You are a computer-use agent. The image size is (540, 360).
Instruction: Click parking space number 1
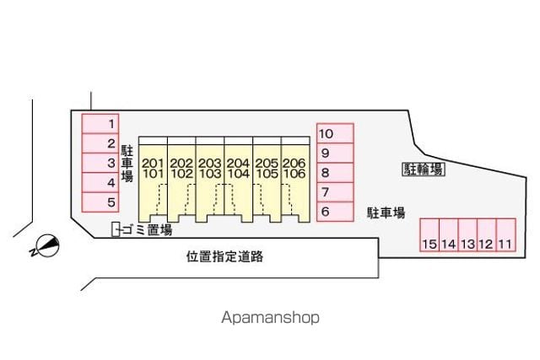pos(100,124)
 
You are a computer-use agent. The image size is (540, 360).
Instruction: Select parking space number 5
pos(100,202)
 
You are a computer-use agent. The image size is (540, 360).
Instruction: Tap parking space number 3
pos(100,163)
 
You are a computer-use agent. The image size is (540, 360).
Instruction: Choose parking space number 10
pos(335,133)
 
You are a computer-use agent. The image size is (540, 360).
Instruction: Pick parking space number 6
pos(335,212)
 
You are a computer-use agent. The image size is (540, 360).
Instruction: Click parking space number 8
pos(335,173)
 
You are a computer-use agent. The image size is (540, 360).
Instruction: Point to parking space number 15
pos(429,234)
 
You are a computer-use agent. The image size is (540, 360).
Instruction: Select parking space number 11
pos(506,234)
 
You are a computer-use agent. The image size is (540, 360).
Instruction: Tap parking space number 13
pos(467,234)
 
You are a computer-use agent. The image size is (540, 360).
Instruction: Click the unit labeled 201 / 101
pos(154,180)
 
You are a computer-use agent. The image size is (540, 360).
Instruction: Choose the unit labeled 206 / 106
pos(295,180)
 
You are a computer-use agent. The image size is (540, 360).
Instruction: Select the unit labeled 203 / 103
pos(210,180)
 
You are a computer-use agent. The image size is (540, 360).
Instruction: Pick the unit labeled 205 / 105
pos(267,180)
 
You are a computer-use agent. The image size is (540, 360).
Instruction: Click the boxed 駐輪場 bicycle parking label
pos(424,169)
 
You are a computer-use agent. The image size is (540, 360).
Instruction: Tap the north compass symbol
pos(46,246)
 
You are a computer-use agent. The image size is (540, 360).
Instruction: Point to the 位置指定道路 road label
pos(225,257)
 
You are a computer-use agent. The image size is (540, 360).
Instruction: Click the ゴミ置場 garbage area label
pos(147,229)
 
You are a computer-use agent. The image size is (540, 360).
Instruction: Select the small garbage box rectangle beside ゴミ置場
pos(116,229)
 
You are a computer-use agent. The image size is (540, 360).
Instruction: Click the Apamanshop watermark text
pos(270,318)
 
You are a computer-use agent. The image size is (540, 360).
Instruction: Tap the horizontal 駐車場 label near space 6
pos(386,213)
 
